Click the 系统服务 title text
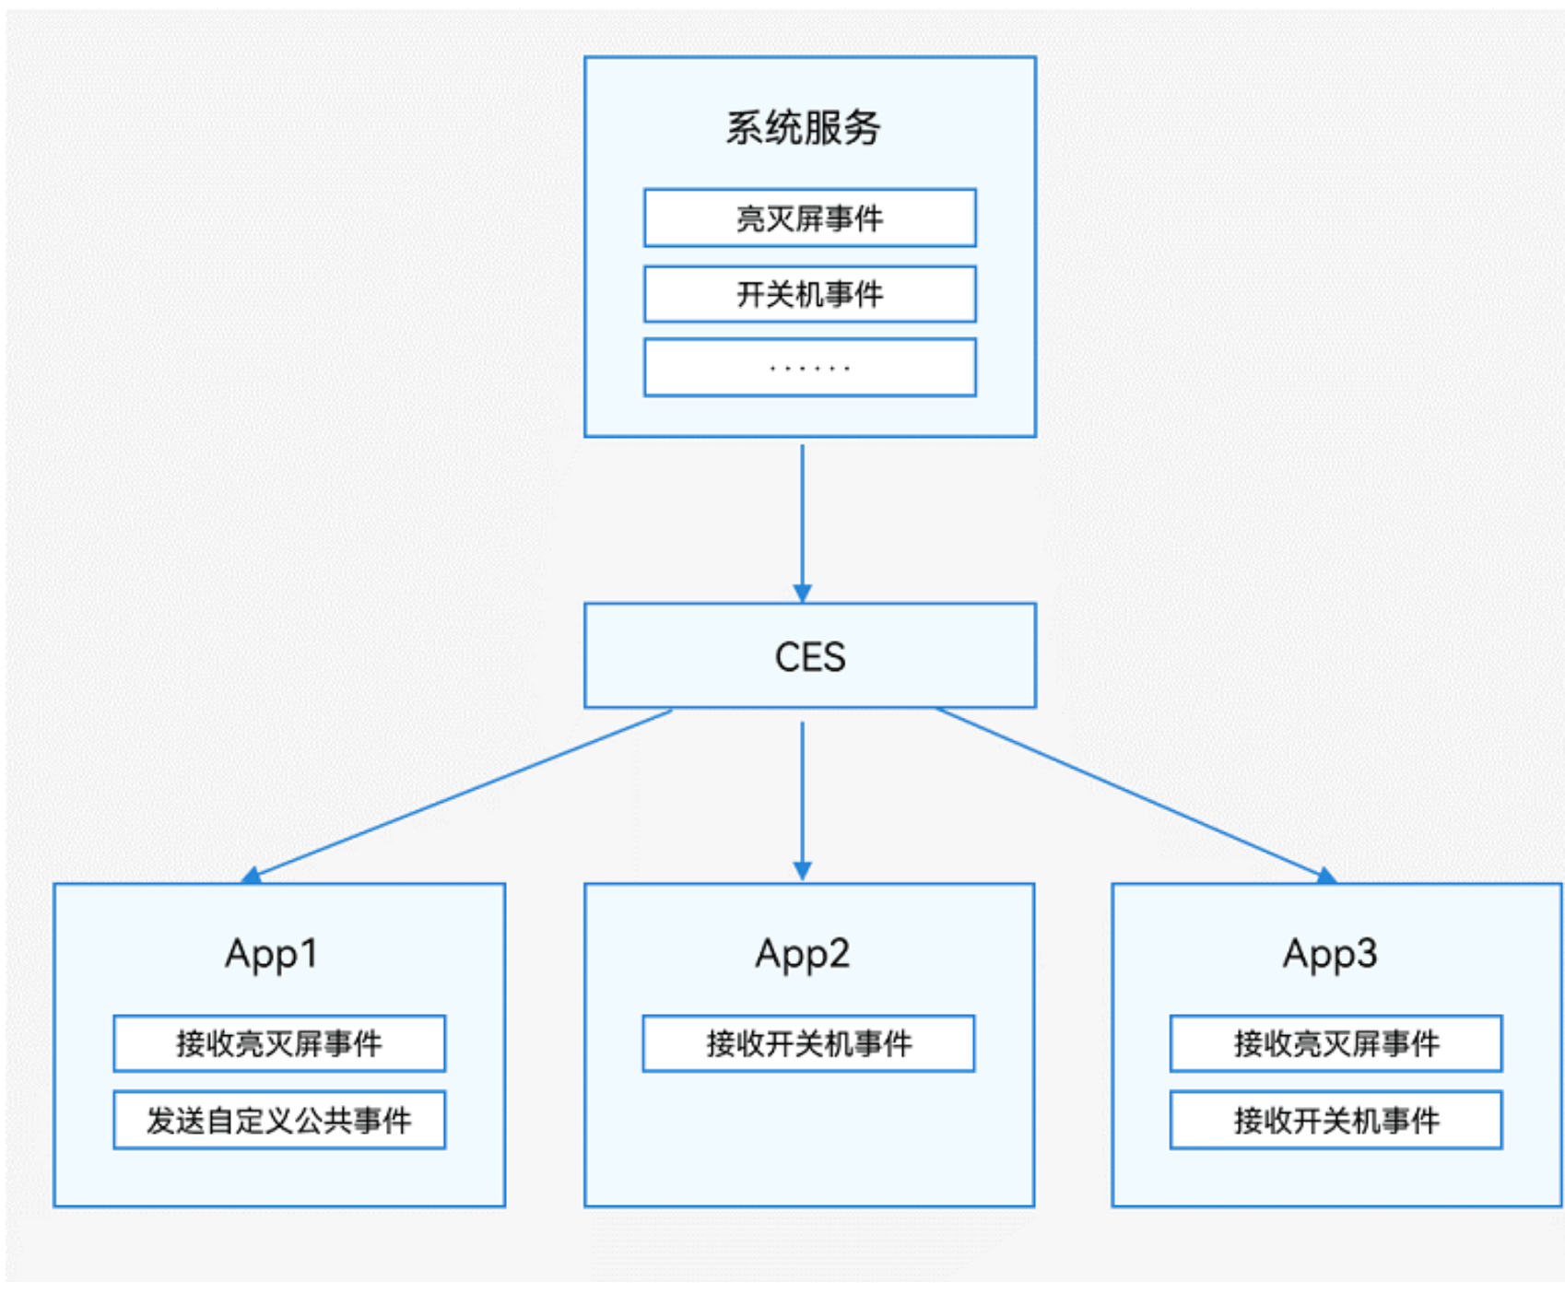coord(802,127)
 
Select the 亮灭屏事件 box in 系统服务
coord(809,218)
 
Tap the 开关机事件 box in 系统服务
coord(809,295)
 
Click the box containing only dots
coord(809,368)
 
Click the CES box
coord(809,656)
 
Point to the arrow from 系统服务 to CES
coord(802,516)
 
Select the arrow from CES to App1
coord(461,793)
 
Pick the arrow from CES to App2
coord(802,793)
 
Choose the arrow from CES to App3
coord(1134,793)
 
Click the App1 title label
coord(272,954)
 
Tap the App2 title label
coord(802,954)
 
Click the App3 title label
coord(1329,954)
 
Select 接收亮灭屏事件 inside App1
coord(279,1043)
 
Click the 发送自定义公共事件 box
coord(279,1121)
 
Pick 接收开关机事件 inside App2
coord(808,1043)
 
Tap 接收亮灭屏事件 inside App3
coord(1336,1043)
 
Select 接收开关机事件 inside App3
coord(1336,1121)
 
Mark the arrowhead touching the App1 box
coord(252,875)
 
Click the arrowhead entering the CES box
coord(802,594)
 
